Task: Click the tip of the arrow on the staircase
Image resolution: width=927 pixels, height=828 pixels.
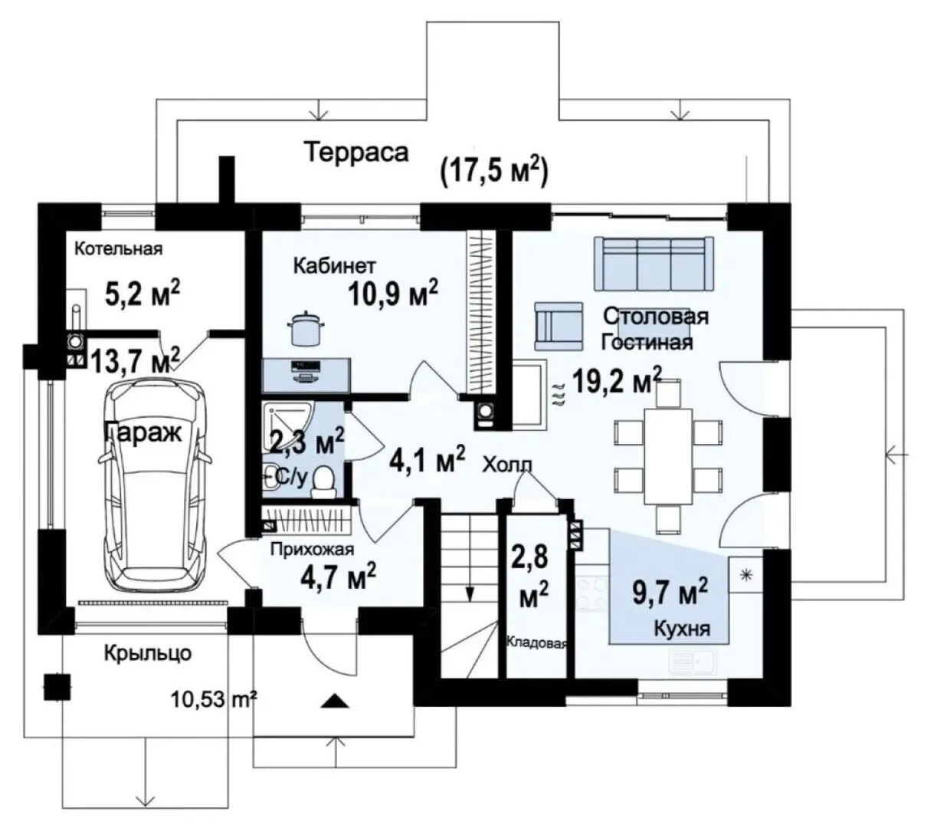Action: [x=470, y=602]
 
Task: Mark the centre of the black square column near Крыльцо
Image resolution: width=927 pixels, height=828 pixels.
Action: [x=57, y=688]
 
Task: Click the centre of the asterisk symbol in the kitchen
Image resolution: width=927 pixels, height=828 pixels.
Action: [x=746, y=575]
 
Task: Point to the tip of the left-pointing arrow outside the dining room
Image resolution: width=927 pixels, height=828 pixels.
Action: [x=886, y=455]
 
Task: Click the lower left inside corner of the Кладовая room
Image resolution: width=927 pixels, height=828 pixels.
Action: [x=506, y=678]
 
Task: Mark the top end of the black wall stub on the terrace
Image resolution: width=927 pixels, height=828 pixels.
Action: [x=227, y=156]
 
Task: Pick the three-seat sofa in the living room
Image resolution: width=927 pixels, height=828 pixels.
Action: [x=653, y=263]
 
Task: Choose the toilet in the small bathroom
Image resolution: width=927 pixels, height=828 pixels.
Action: [x=324, y=483]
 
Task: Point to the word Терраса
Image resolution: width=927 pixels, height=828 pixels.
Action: [x=356, y=153]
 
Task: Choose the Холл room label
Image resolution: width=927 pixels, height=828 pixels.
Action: [x=507, y=465]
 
